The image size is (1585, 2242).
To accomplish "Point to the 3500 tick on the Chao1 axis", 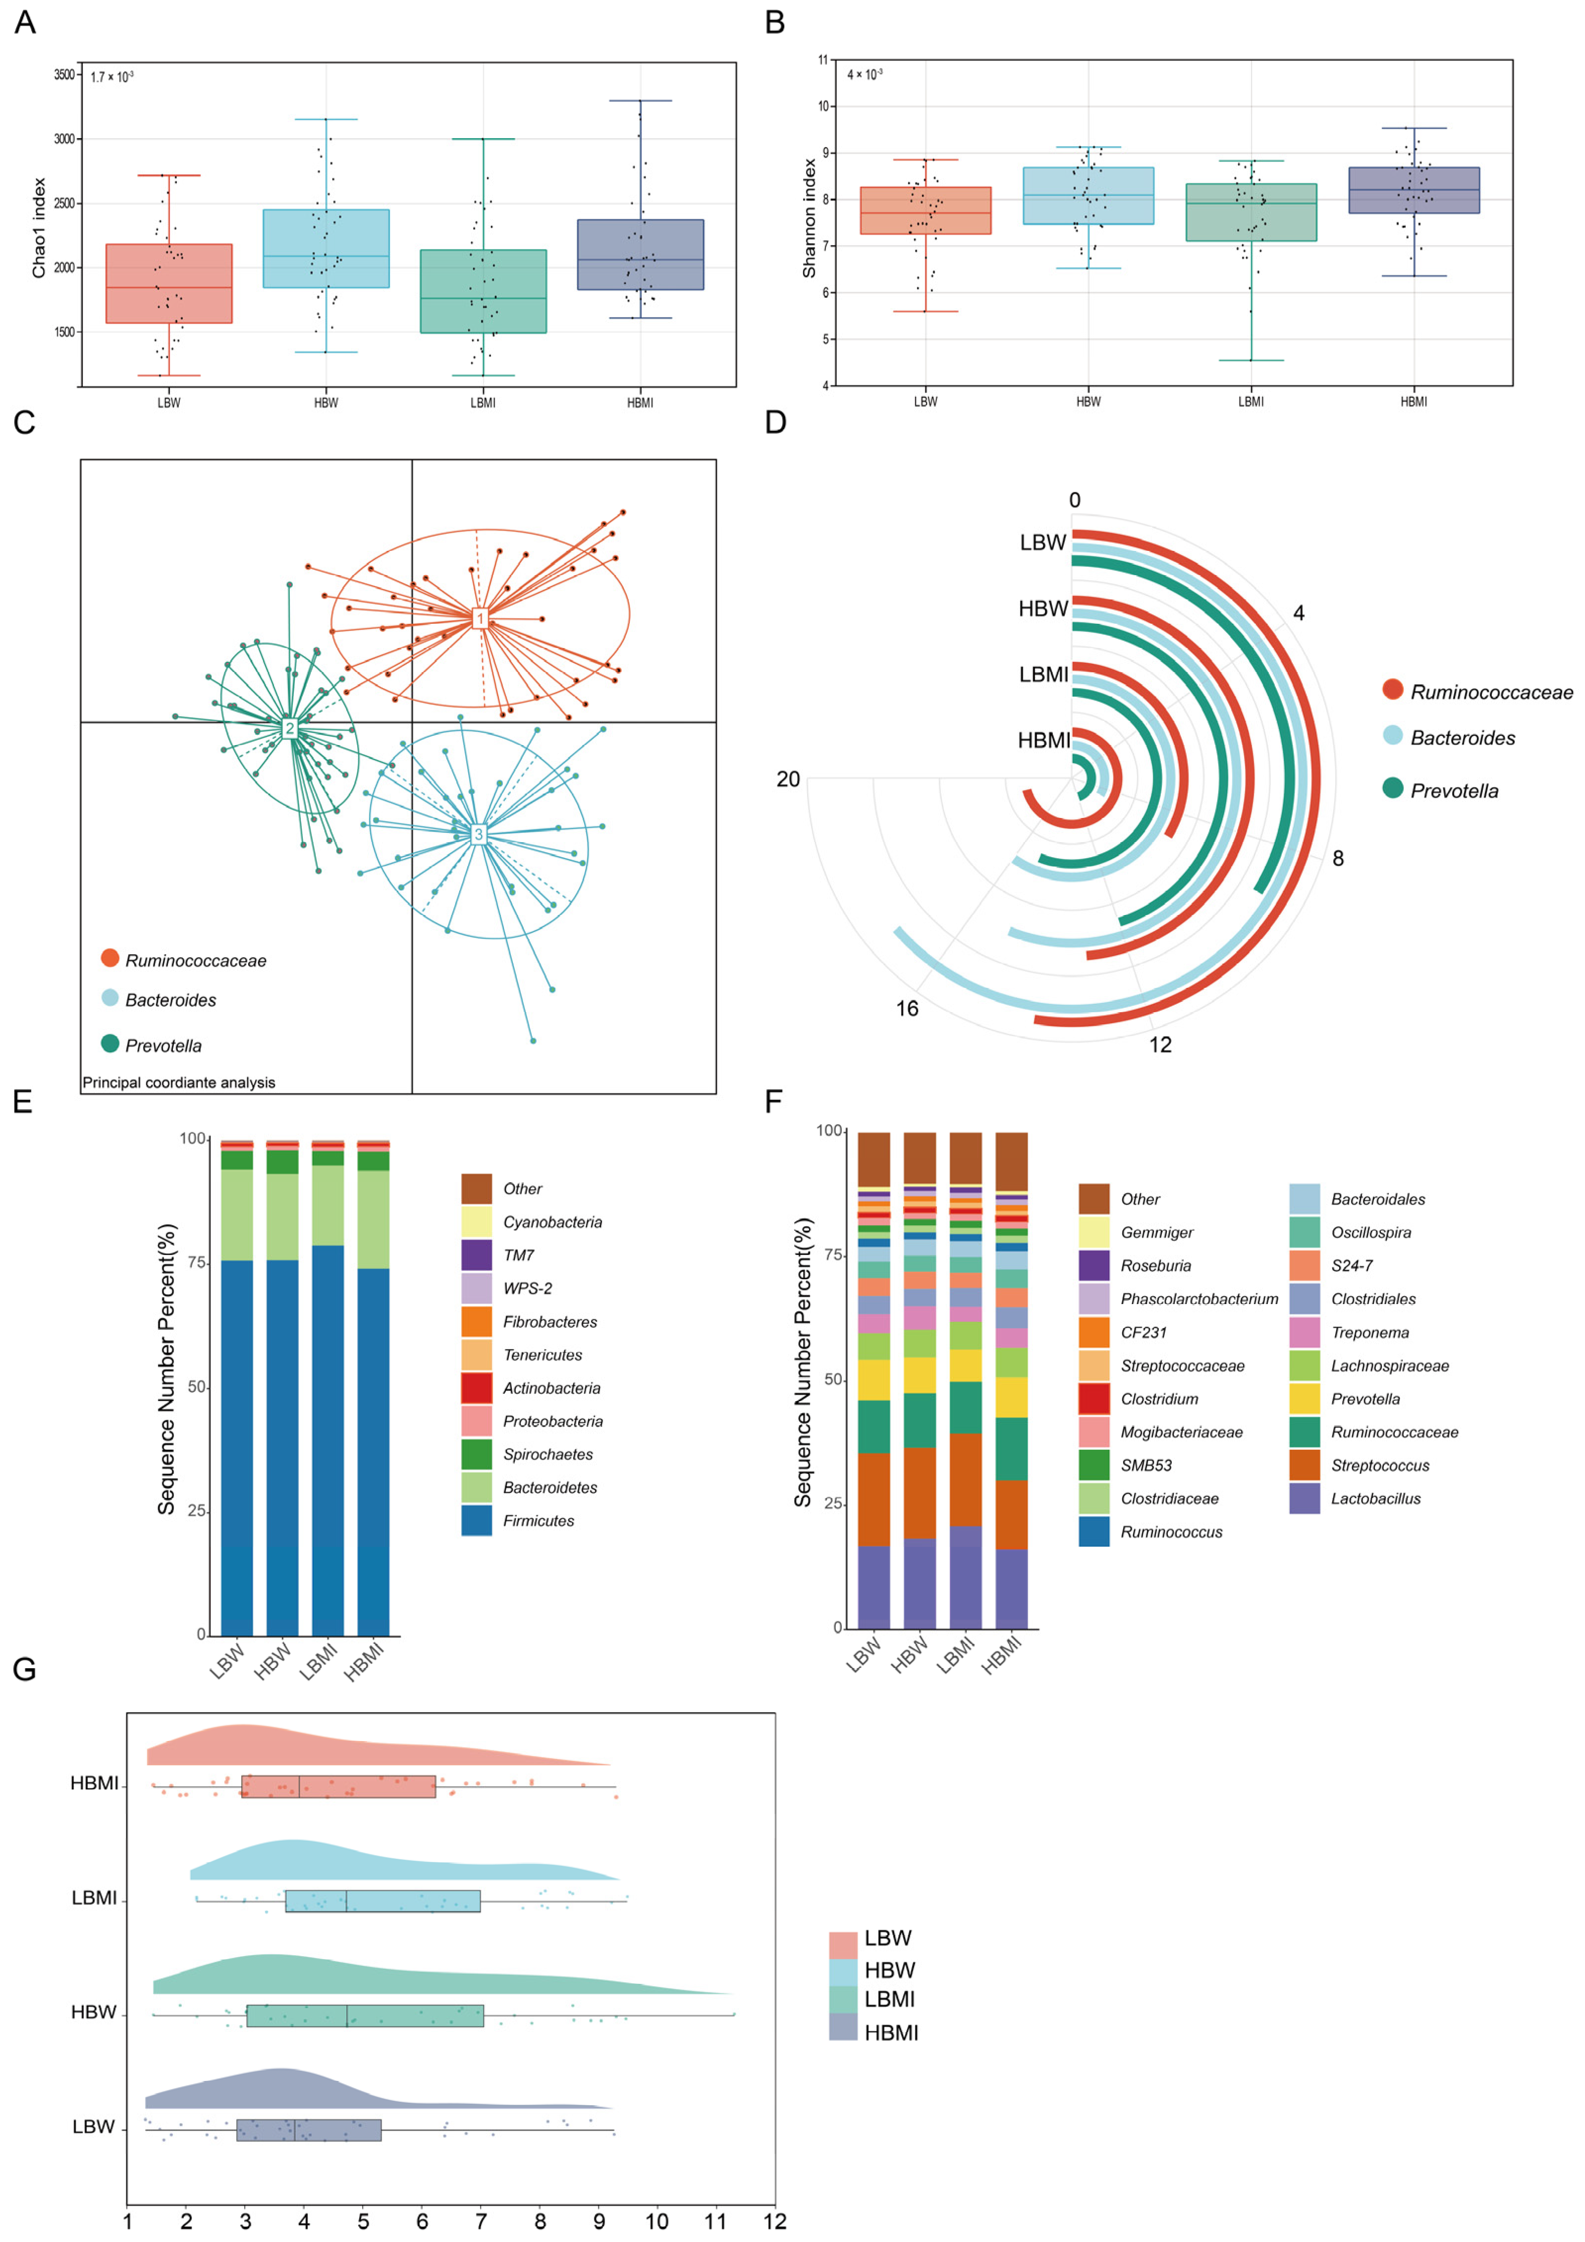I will pyautogui.click(x=64, y=74).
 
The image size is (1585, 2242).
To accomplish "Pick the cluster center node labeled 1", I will pyautogui.click(x=480, y=618).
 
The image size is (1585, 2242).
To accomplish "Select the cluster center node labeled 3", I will pyautogui.click(x=479, y=834).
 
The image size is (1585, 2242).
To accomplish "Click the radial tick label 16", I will pyautogui.click(x=907, y=1008).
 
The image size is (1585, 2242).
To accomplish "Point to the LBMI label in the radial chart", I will pyautogui.click(x=1043, y=675).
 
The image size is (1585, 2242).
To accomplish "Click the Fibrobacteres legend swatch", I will pyautogui.click(x=477, y=1321).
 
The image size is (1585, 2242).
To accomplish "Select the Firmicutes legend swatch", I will pyautogui.click(x=477, y=1521).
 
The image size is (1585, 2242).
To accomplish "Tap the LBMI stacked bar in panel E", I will pyautogui.click(x=327, y=1387).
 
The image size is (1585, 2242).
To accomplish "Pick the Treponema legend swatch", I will pyautogui.click(x=1305, y=1332).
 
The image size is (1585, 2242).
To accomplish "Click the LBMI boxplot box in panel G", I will pyautogui.click(x=383, y=1901).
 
